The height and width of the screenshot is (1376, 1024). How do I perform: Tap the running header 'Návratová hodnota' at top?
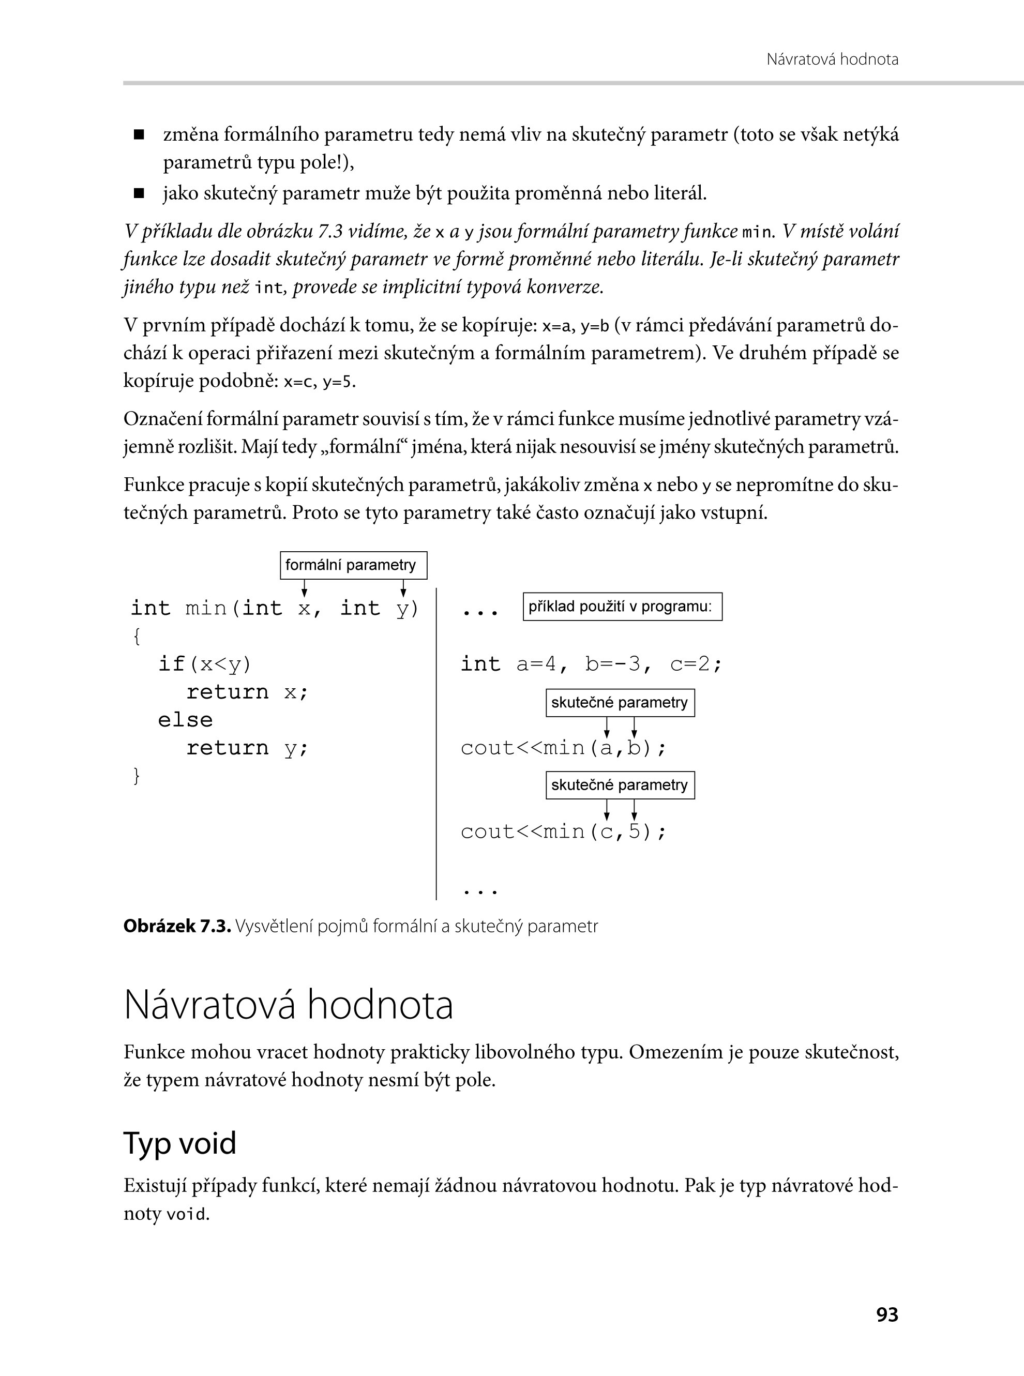pyautogui.click(x=832, y=59)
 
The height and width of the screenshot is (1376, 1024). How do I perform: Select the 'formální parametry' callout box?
pyautogui.click(x=353, y=565)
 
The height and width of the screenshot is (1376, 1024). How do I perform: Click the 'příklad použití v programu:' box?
pyautogui.click(x=622, y=606)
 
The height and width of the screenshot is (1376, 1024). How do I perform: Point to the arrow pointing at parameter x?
pyautogui.click(x=304, y=587)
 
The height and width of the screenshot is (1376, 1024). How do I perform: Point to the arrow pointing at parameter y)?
pyautogui.click(x=403, y=587)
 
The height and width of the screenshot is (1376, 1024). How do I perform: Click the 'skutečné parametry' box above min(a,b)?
pyautogui.click(x=620, y=703)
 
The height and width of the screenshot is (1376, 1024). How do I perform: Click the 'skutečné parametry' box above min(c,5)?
pyautogui.click(x=620, y=785)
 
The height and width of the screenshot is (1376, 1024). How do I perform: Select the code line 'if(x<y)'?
pyautogui.click(x=205, y=664)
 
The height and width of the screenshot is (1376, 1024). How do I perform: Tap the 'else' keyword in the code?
pyautogui.click(x=185, y=720)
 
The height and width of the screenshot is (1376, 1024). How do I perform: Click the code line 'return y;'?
pyautogui.click(x=247, y=748)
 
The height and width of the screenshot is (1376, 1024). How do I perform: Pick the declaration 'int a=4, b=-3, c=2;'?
pyautogui.click(x=591, y=664)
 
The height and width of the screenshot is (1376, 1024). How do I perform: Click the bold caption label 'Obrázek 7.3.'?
pyautogui.click(x=177, y=926)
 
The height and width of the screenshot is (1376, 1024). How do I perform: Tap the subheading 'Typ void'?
pyautogui.click(x=180, y=1143)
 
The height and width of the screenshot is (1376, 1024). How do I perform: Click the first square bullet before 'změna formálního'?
pyautogui.click(x=139, y=134)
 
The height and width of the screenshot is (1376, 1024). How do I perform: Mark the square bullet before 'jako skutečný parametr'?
pyautogui.click(x=139, y=194)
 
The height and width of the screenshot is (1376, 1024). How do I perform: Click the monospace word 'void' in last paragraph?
pyautogui.click(x=186, y=1214)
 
